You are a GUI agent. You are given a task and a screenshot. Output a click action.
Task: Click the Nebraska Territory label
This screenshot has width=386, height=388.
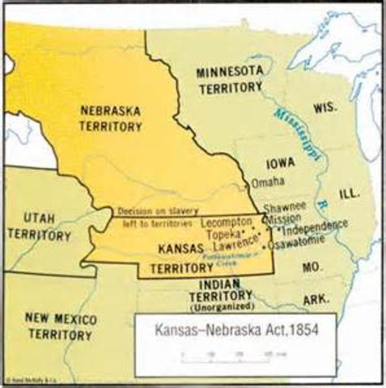coord(112,118)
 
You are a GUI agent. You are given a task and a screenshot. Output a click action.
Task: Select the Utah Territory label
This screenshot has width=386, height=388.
coord(39,227)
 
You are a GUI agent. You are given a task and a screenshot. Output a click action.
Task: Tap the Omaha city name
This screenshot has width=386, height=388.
coord(267,182)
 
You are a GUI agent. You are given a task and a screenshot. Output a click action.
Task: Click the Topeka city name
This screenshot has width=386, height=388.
coord(224,232)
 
